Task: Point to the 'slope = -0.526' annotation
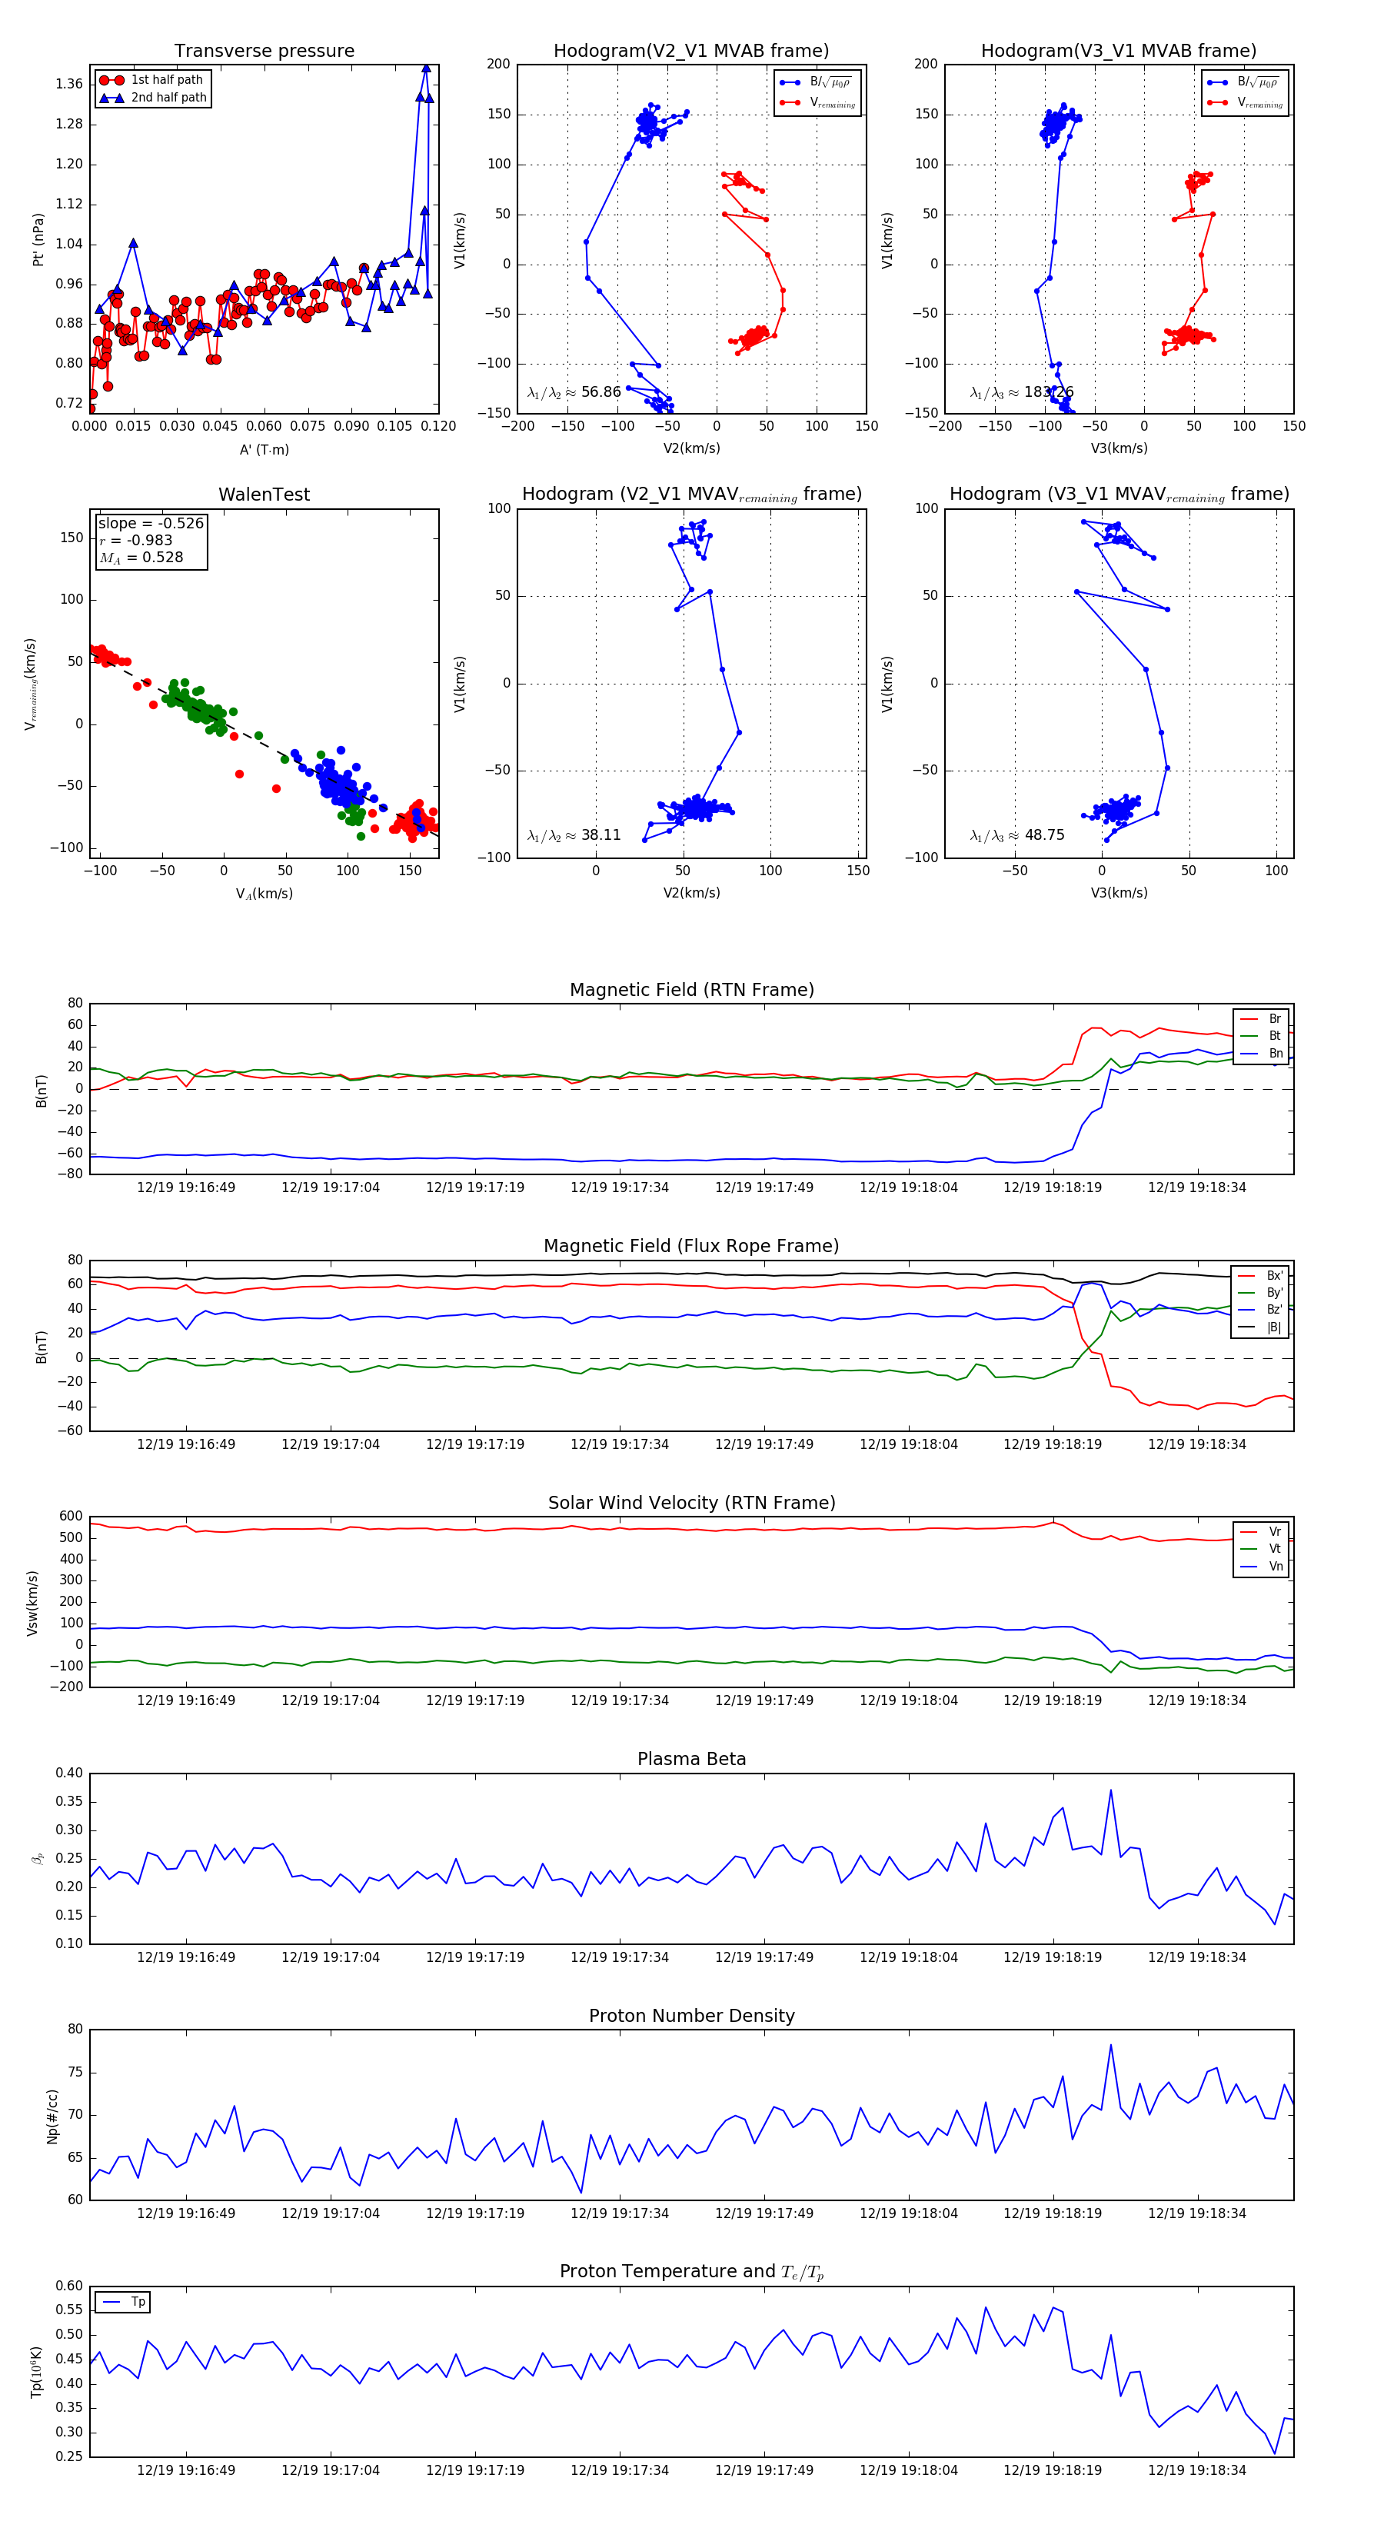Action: [151, 523]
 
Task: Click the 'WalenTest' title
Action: [264, 495]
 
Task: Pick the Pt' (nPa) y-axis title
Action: [38, 239]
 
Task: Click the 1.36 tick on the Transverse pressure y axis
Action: [69, 84]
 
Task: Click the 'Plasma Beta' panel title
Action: [691, 1760]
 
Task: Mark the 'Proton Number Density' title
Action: [691, 2016]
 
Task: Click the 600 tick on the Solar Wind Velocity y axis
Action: [71, 1517]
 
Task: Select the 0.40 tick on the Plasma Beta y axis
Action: [69, 1774]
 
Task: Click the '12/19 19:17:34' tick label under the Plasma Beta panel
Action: [620, 1957]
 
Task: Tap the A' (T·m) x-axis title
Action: [264, 450]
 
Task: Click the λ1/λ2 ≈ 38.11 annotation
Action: [574, 835]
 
